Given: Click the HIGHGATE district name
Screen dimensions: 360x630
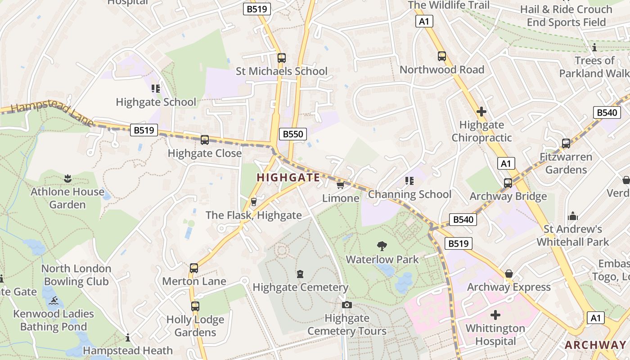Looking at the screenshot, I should (288, 178).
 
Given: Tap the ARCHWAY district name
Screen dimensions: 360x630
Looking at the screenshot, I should (595, 345).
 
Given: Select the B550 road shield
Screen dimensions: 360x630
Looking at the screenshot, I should (293, 134).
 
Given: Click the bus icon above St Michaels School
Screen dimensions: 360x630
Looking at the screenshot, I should (281, 58).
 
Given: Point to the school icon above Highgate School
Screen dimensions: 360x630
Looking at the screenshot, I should (156, 88).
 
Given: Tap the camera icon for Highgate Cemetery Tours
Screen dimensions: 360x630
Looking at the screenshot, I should (346, 305).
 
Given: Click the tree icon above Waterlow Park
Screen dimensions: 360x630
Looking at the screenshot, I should (382, 246).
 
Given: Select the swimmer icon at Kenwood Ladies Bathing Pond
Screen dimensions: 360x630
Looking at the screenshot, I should (53, 301).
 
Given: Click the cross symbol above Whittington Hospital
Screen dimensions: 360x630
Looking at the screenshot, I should (495, 315).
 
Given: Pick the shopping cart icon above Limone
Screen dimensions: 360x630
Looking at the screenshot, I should (341, 185).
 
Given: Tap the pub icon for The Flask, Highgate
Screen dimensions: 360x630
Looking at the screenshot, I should (254, 202).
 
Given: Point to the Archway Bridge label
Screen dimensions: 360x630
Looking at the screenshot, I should (508, 196).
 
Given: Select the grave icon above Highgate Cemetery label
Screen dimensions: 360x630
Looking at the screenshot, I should (300, 274).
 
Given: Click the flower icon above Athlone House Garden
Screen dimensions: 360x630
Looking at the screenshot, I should (67, 178).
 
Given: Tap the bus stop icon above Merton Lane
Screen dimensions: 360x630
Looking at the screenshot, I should (193, 268).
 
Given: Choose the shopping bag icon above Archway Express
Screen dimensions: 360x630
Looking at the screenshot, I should (509, 274).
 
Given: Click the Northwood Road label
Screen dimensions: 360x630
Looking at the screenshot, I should (441, 70).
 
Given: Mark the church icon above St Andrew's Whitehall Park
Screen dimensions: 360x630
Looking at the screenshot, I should (572, 216).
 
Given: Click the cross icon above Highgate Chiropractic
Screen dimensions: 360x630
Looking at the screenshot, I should (481, 111).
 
